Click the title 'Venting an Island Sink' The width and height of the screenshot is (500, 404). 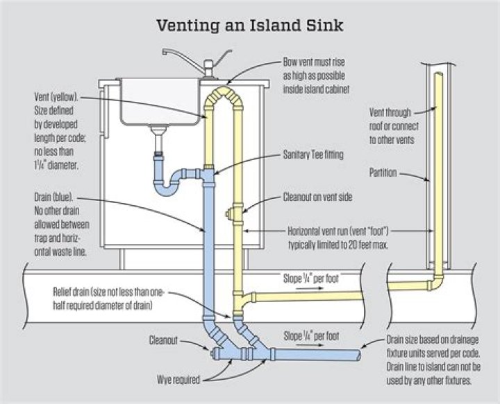[x=250, y=26]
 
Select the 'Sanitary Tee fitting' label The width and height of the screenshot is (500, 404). [x=313, y=155]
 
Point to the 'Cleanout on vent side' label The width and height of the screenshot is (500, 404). [x=317, y=197]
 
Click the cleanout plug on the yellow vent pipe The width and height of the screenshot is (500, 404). [x=228, y=214]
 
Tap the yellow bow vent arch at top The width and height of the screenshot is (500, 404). [x=224, y=95]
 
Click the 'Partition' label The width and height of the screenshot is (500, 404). [x=383, y=173]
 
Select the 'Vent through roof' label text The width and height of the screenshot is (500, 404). [x=390, y=112]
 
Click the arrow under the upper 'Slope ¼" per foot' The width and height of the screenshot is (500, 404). [x=309, y=288]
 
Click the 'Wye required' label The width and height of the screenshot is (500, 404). [x=178, y=379]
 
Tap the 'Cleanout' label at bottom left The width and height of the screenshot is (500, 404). [x=163, y=340]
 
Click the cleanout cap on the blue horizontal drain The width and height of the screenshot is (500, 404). [x=215, y=353]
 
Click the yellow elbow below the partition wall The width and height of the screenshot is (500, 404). [x=436, y=283]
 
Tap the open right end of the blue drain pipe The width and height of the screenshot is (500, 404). [x=358, y=354]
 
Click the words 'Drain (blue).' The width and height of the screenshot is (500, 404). [x=53, y=197]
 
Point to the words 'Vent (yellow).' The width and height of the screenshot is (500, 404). [x=56, y=96]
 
